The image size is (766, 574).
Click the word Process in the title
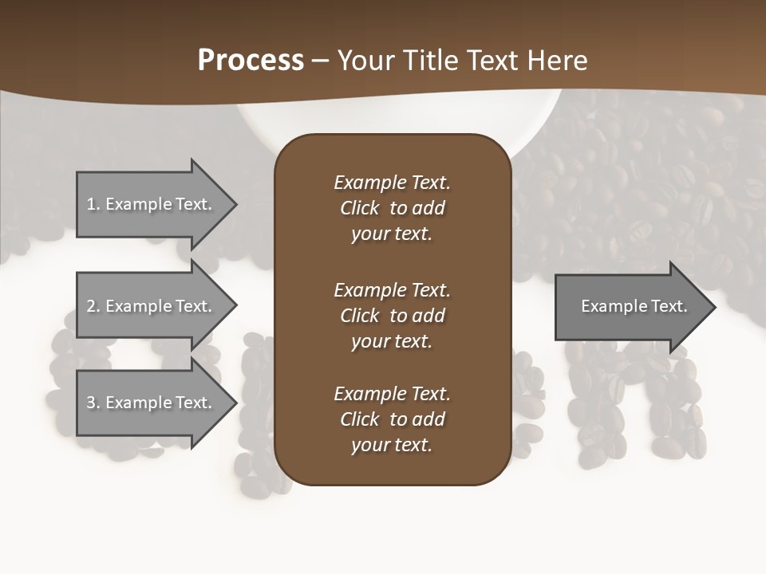[251, 61]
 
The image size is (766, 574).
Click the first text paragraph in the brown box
[392, 208]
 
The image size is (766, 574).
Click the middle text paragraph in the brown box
[392, 316]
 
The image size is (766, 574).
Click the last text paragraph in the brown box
[392, 419]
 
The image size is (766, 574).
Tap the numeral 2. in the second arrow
[93, 306]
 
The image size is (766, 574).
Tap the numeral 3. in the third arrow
[93, 403]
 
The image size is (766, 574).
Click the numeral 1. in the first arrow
[93, 204]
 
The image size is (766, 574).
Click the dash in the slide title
[321, 61]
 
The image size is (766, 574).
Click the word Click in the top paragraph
[360, 208]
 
